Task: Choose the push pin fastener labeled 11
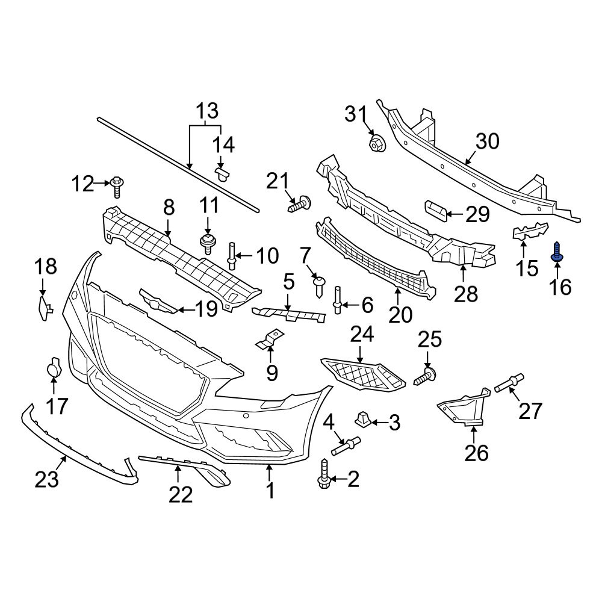[208, 244]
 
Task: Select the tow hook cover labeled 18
[43, 306]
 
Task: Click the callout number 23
[46, 479]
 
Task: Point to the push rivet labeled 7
[320, 284]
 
